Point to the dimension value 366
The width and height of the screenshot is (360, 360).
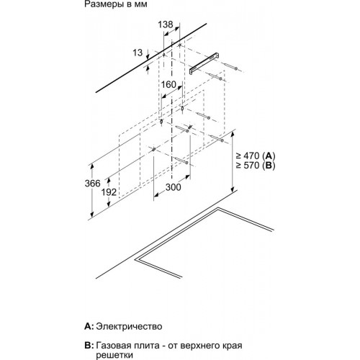pyautogui.click(x=92, y=184)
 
